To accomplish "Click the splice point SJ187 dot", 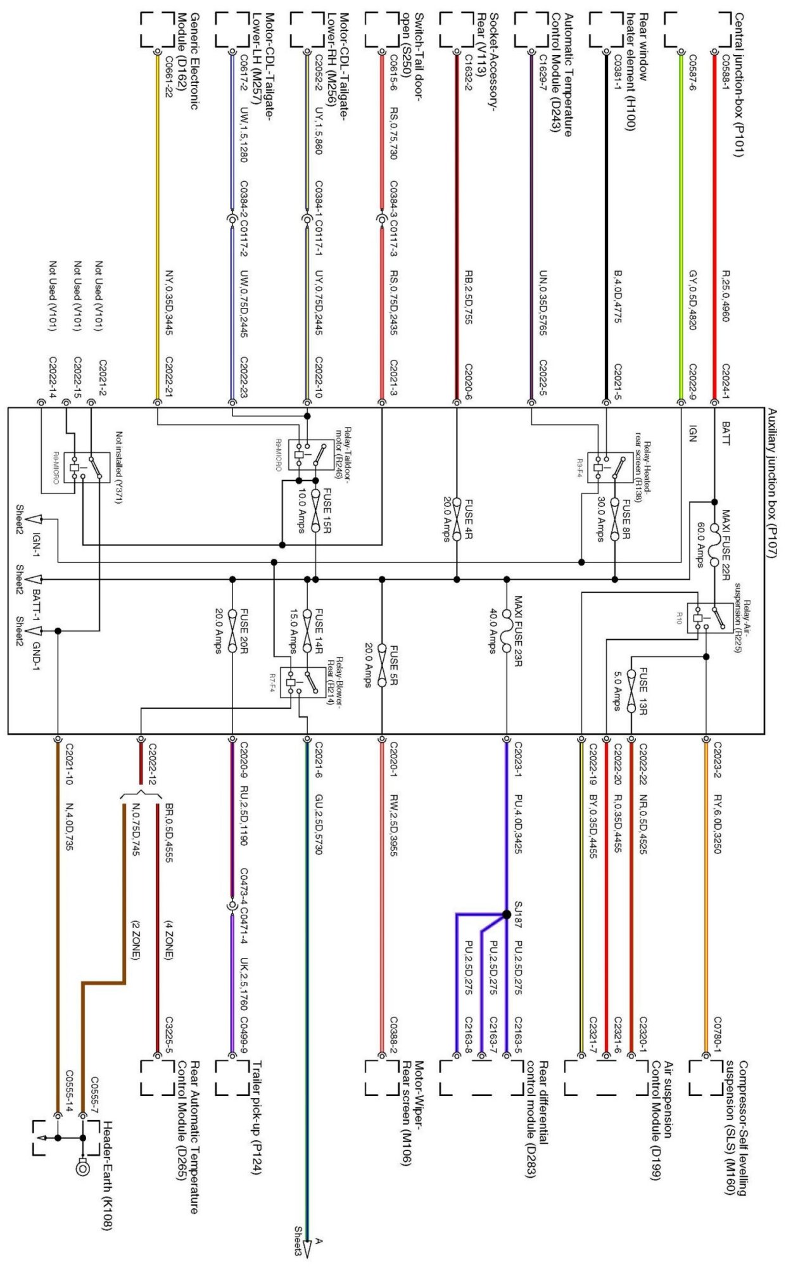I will point(506,914).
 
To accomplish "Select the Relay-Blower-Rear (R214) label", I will point(334,682).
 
